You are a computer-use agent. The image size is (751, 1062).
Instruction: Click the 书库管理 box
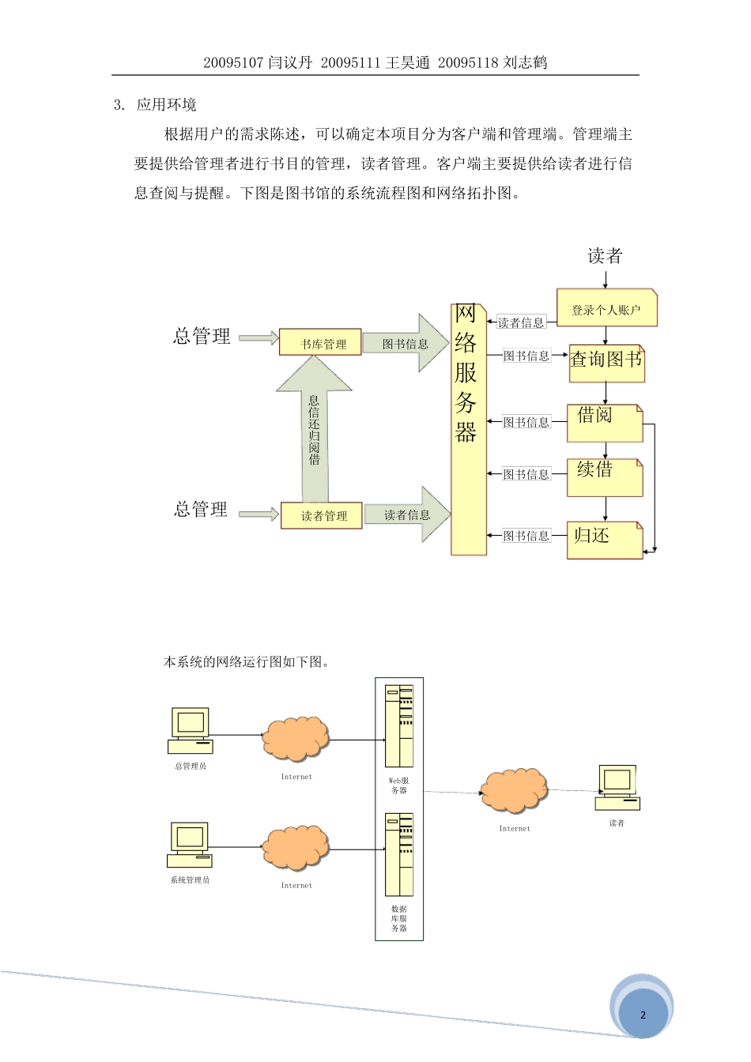tap(320, 343)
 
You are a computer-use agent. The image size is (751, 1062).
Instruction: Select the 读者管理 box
tap(322, 515)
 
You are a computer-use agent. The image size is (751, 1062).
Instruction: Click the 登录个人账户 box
tap(606, 309)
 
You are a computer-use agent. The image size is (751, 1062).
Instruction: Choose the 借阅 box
tap(605, 423)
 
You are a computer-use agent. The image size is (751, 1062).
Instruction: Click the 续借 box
tap(605, 477)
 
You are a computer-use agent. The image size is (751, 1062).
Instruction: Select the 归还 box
tap(605, 540)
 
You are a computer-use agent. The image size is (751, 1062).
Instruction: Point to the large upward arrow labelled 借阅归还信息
tap(314, 431)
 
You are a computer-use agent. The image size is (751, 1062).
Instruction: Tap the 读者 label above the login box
tap(605, 256)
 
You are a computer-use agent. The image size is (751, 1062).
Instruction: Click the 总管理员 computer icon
tap(191, 730)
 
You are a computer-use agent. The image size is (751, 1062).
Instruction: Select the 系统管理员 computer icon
tap(190, 844)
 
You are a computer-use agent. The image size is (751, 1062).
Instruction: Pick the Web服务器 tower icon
tap(399, 725)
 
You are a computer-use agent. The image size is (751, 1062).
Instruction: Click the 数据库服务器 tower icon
tap(399, 854)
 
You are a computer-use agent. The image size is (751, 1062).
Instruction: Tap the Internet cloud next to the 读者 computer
tap(514, 790)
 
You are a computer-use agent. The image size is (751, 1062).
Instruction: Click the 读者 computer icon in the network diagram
tap(617, 787)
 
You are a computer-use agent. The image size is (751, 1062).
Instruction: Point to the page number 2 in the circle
tap(643, 1015)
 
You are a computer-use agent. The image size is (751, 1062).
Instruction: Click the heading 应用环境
tap(166, 105)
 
